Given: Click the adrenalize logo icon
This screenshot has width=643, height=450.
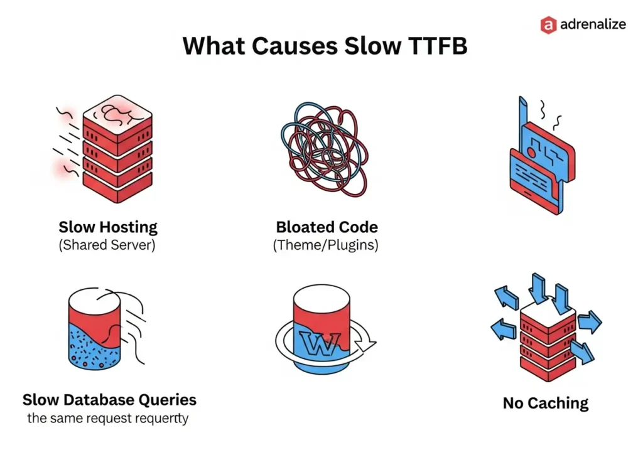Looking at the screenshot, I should coord(549,24).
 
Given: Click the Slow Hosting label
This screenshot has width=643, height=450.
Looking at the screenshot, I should coord(108,227).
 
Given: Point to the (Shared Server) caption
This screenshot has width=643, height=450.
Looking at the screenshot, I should coord(107,245).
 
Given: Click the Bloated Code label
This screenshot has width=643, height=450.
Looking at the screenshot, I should coord(327,227).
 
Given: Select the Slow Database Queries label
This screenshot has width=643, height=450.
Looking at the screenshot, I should coord(109,400).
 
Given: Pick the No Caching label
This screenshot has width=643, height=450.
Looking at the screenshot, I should coord(546,403).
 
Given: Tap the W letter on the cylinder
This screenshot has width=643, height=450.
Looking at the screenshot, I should coord(319,343).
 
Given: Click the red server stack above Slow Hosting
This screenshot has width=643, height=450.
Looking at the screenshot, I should coord(117,149).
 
